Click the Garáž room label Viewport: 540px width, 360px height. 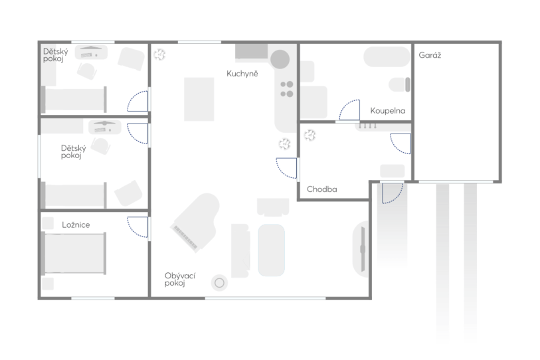(430, 55)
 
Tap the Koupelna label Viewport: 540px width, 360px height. (387, 110)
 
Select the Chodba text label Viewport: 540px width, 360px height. (321, 189)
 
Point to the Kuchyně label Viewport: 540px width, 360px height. (242, 73)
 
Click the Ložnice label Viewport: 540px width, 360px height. (76, 225)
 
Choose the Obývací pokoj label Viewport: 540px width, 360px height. (180, 280)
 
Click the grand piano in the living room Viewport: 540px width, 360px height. (196, 223)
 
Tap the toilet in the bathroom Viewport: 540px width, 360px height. (399, 85)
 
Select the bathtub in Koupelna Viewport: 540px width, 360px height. (387, 57)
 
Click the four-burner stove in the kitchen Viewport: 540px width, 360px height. (286, 89)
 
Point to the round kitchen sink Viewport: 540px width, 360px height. (280, 59)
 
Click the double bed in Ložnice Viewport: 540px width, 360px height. (74, 253)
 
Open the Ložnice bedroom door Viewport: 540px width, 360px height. (137, 227)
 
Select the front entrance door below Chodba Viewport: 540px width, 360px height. (392, 193)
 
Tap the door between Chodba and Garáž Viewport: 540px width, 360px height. (401, 143)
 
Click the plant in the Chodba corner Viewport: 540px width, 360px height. (310, 135)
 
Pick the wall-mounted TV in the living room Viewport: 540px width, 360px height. (363, 249)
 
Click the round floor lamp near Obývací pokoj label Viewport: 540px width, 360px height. (219, 283)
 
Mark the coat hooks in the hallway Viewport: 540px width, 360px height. (367, 126)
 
